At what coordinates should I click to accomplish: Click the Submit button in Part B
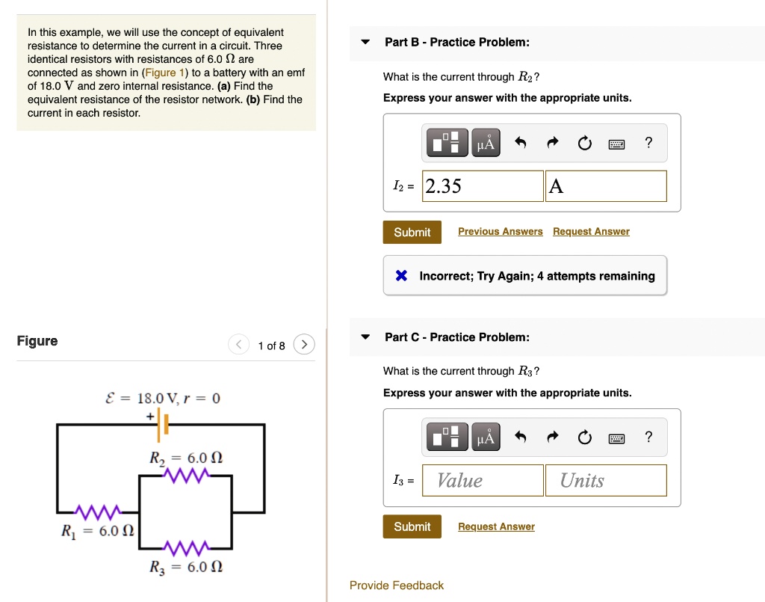(x=412, y=232)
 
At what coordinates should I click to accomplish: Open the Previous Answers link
(x=500, y=232)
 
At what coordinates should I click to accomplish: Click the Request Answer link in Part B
(x=591, y=232)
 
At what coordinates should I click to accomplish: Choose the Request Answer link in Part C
(x=496, y=527)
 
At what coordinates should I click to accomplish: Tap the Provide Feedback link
(x=396, y=586)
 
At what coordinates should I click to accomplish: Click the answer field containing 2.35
(x=483, y=186)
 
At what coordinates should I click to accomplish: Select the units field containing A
(x=606, y=186)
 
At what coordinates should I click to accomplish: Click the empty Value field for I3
(x=483, y=481)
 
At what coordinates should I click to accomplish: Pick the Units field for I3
(x=606, y=481)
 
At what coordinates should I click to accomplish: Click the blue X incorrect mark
(x=401, y=276)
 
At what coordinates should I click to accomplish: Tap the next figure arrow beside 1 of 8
(x=304, y=345)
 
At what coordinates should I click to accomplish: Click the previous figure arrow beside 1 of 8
(x=238, y=345)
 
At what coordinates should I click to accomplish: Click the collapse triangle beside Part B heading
(x=365, y=42)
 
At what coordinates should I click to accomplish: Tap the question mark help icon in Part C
(x=648, y=437)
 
